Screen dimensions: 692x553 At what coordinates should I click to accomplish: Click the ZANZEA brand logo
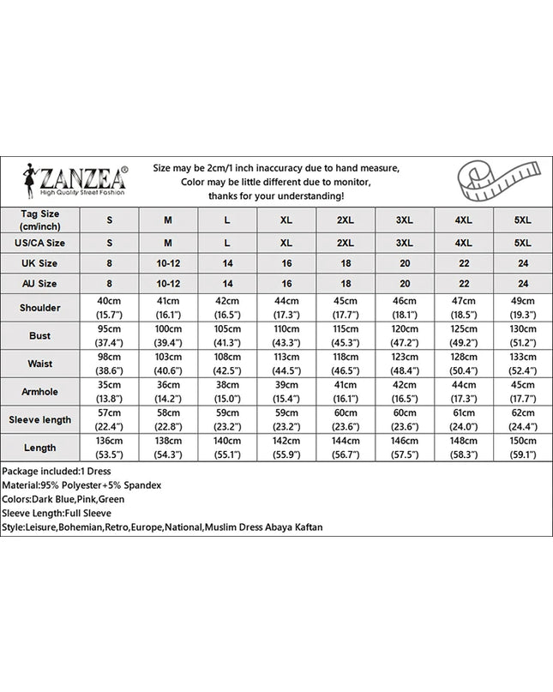coord(75,181)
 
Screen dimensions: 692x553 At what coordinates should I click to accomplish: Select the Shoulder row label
coord(40,307)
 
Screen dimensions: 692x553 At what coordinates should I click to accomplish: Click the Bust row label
coord(40,335)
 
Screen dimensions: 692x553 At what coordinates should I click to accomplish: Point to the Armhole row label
coord(40,392)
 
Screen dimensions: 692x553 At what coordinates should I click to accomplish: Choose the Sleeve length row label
coord(40,419)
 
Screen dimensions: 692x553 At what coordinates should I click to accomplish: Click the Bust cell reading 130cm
coord(523,328)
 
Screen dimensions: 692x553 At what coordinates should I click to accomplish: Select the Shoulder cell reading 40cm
coord(110,300)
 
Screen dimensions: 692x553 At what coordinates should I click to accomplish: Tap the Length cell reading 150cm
coord(523,441)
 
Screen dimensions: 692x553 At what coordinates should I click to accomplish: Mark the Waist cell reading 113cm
coord(286,357)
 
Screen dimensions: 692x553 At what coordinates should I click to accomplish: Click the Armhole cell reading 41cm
coord(346,385)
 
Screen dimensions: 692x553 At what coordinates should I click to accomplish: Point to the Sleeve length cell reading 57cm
coord(110,413)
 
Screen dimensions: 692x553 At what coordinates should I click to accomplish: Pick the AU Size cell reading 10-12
coord(168,283)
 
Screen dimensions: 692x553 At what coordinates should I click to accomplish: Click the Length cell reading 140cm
coord(227,441)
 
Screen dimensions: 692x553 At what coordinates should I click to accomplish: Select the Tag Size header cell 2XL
coord(346,220)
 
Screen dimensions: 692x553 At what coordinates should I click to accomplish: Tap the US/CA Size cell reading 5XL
coord(523,243)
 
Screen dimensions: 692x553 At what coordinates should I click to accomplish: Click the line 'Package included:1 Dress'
coord(57,472)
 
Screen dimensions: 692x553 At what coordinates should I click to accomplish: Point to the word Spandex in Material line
coord(141,485)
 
